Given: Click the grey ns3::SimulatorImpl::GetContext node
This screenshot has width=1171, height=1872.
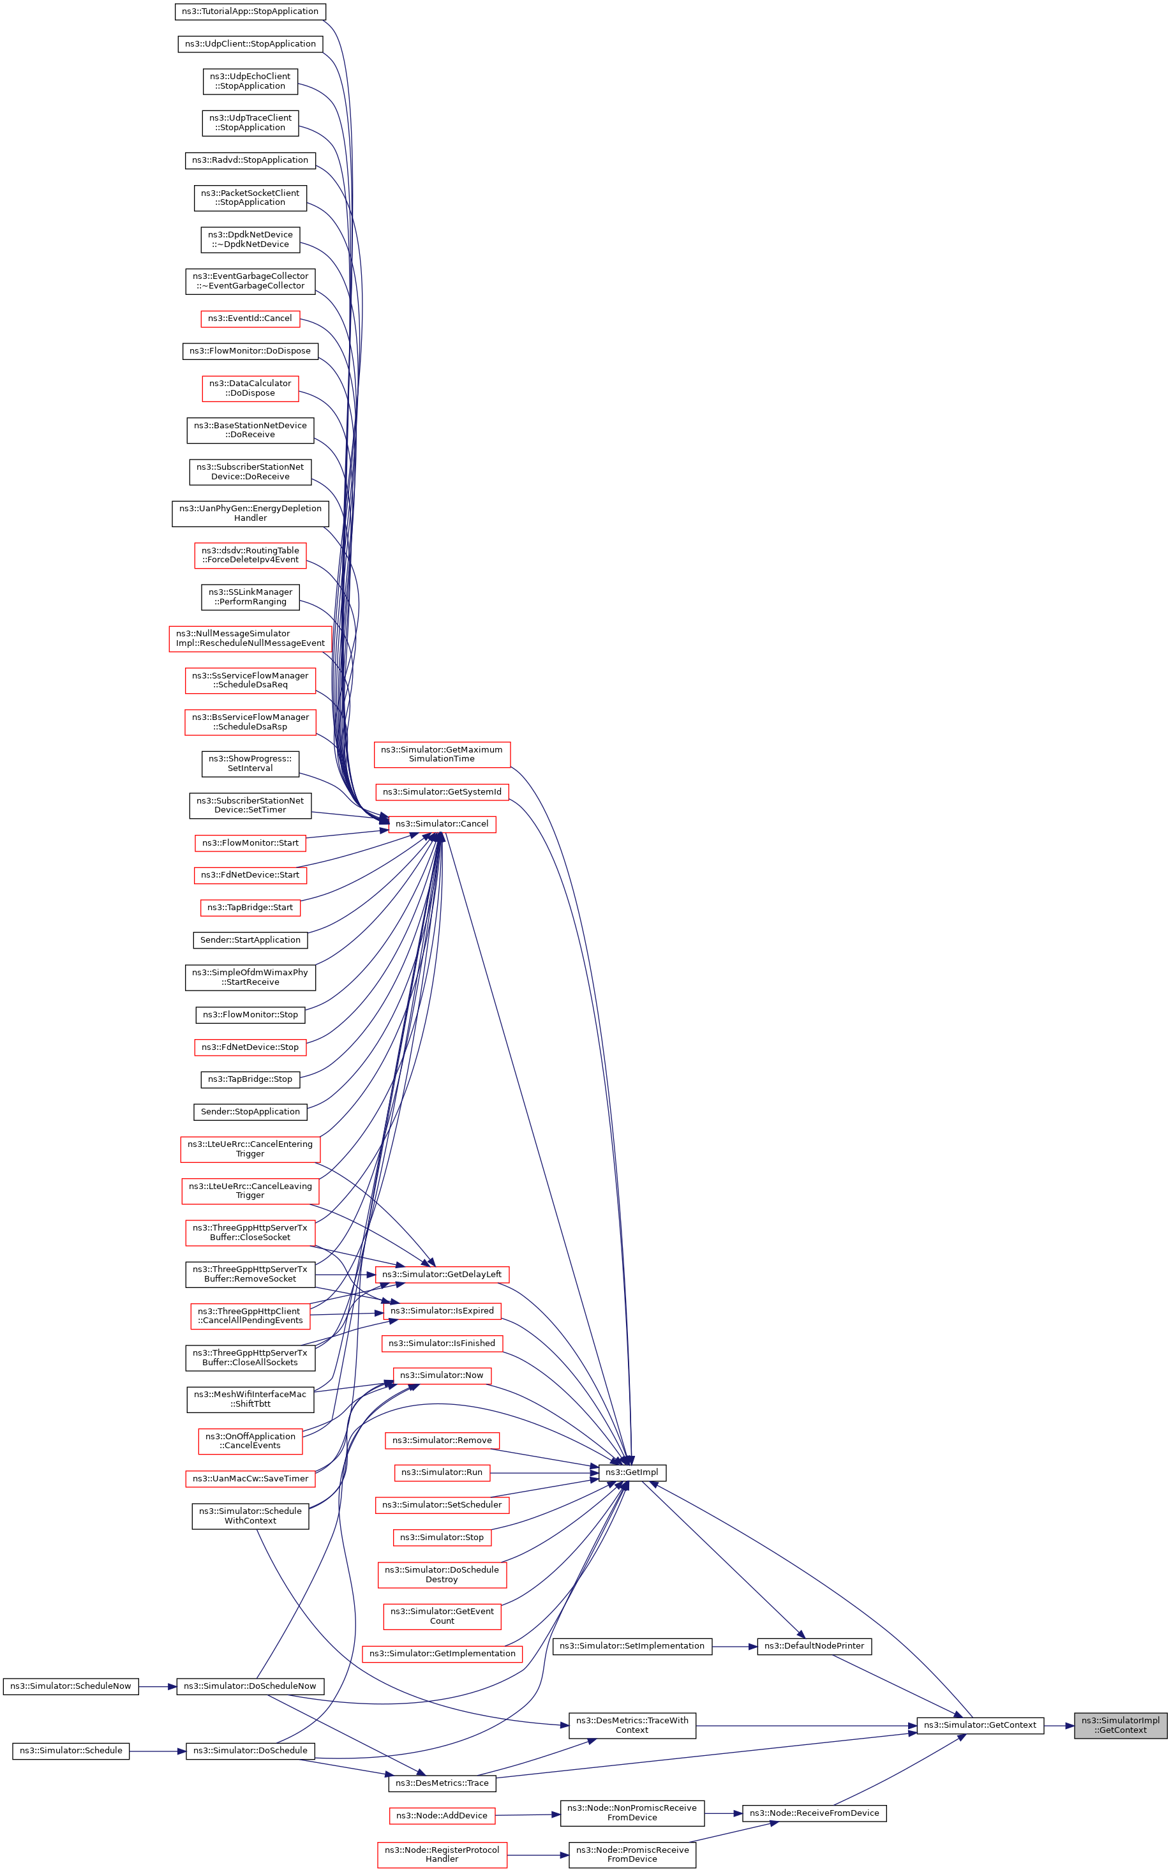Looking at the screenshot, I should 1120,1725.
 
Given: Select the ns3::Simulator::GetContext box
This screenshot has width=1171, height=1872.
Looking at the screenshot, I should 980,1725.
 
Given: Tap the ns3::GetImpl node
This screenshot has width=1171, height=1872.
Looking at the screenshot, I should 631,1472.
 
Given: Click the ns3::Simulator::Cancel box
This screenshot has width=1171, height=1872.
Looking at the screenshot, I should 442,824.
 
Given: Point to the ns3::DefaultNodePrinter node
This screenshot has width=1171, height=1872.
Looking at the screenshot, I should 814,1646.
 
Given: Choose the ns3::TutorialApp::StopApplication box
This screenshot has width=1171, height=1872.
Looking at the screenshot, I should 250,11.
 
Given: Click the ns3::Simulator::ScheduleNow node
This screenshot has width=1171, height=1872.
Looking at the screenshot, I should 70,1686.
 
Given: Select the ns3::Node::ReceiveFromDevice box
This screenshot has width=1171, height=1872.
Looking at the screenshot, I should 814,1813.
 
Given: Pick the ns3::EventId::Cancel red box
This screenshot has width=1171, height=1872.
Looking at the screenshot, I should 250,318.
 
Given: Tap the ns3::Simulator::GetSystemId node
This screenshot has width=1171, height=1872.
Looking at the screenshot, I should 442,791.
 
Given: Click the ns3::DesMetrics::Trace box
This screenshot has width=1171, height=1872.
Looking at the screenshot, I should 442,1783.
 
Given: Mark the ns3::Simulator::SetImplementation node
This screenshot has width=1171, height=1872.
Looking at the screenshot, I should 632,1646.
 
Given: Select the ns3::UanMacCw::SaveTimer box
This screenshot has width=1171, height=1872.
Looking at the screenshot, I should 250,1479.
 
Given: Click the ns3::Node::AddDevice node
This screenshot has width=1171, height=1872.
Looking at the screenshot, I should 442,1815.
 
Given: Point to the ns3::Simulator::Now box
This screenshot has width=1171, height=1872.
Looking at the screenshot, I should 442,1375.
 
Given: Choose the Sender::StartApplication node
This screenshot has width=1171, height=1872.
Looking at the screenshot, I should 250,940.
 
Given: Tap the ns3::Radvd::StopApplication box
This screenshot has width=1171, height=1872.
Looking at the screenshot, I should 250,160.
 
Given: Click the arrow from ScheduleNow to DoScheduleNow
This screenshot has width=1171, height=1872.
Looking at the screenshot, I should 158,1686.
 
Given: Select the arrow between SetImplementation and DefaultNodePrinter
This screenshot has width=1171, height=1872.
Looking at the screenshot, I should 735,1647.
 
